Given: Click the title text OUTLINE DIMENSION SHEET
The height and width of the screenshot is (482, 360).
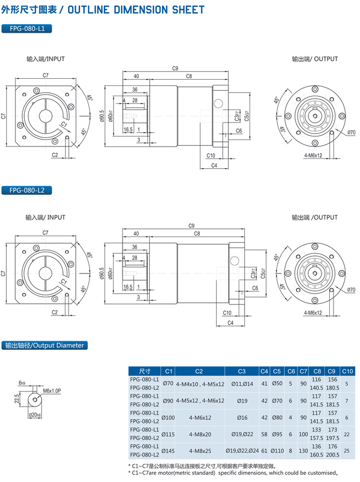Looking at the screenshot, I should [136, 10].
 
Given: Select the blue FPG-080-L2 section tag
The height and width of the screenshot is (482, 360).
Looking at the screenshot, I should [27, 190].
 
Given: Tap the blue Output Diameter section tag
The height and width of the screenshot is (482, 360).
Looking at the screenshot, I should [43, 346].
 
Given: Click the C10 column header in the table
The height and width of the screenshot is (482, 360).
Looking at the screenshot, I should [348, 371].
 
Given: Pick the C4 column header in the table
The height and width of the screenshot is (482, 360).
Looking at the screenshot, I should [264, 371].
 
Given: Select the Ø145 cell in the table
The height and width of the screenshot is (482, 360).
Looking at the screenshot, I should [168, 450].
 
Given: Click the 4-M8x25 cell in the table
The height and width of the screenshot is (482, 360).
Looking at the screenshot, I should [200, 450].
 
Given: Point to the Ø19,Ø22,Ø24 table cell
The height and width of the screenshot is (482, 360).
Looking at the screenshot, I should [242, 450].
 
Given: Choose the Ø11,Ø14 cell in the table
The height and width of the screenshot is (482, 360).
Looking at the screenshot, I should [242, 383].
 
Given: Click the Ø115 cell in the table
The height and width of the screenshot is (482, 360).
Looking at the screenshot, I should [168, 434].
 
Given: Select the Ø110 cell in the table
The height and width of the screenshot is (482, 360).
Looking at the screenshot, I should [277, 450].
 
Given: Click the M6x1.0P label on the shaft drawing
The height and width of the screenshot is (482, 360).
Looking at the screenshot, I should [52, 391].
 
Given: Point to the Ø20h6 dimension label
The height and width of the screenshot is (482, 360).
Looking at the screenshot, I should [34, 415].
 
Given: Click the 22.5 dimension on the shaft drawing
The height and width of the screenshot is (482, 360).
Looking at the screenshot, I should [17, 399].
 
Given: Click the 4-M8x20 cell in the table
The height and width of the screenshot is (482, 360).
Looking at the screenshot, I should [200, 434].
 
